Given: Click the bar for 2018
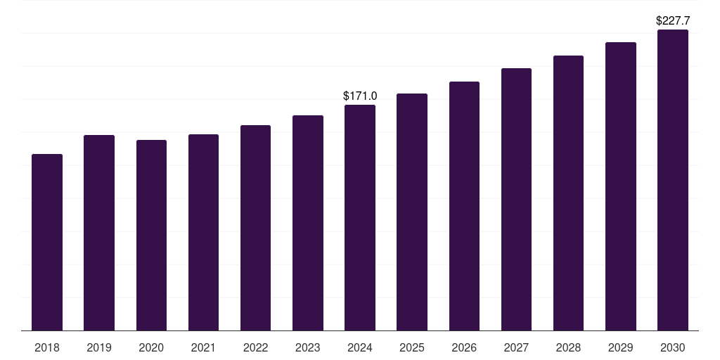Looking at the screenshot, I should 47,242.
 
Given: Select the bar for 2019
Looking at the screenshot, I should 99,233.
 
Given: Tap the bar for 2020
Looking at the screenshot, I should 151,235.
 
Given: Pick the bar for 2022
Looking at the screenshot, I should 255,228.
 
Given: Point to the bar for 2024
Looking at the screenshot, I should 360,217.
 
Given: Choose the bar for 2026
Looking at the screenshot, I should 464,206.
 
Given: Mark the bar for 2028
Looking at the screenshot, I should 568,193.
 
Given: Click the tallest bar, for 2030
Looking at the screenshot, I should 673,180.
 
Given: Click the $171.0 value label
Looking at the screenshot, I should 360,96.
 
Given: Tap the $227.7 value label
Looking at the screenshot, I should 673,21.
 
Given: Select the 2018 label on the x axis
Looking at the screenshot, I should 47,348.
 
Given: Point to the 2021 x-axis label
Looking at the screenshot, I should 203,348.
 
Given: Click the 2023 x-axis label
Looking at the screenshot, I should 308,348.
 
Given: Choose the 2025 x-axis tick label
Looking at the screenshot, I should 412,348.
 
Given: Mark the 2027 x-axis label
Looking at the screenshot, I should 516,348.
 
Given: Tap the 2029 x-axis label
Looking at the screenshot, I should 621,348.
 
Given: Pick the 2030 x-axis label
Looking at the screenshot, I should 673,348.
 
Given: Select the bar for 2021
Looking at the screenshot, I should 203,232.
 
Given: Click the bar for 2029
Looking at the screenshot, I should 621,186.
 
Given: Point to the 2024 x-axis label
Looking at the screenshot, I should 360,348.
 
